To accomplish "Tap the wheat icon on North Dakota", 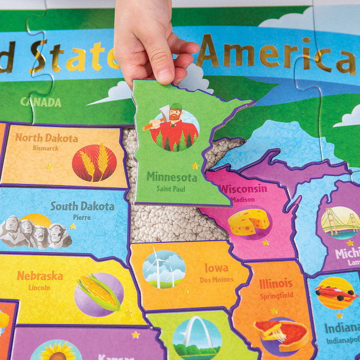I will click(x=95, y=162).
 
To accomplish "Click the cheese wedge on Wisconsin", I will click(x=249, y=221).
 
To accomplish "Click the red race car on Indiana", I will click(x=335, y=292).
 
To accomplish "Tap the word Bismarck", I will click(x=46, y=148).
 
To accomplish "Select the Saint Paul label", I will click(x=171, y=189).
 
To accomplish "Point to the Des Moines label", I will click(x=216, y=279).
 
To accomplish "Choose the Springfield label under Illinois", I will click(x=276, y=295).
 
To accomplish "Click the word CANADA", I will click(x=41, y=102).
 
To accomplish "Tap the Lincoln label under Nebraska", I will click(x=39, y=287).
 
